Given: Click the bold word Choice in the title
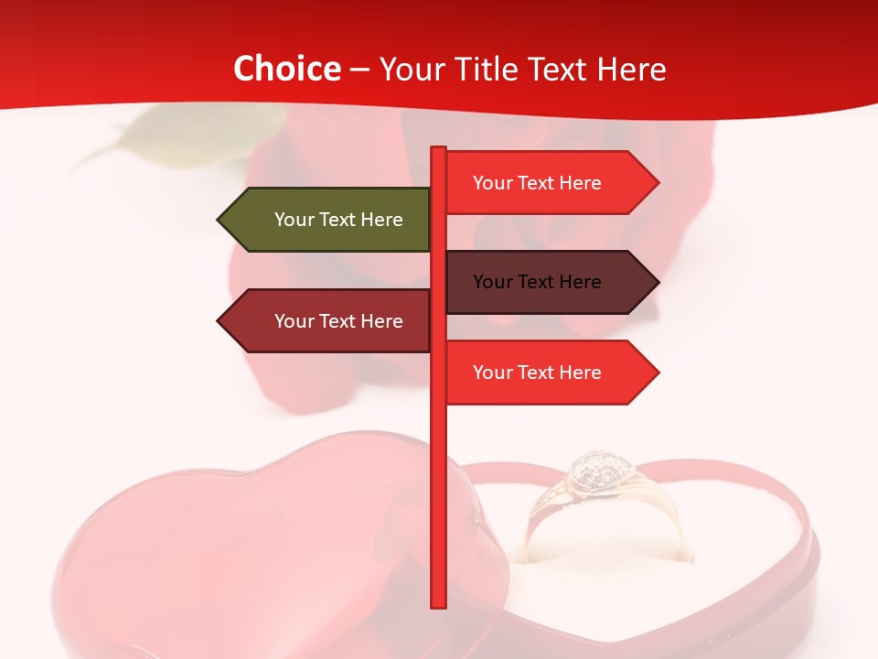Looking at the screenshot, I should [286, 70].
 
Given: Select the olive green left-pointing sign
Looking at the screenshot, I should [329, 220].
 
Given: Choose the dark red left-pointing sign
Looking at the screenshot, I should [329, 321].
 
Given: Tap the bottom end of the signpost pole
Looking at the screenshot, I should [439, 604].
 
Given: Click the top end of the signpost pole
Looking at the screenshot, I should [439, 149].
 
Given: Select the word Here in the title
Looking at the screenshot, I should [631, 70].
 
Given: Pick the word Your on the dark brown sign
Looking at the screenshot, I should [492, 282].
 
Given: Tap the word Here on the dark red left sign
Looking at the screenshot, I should [381, 321].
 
